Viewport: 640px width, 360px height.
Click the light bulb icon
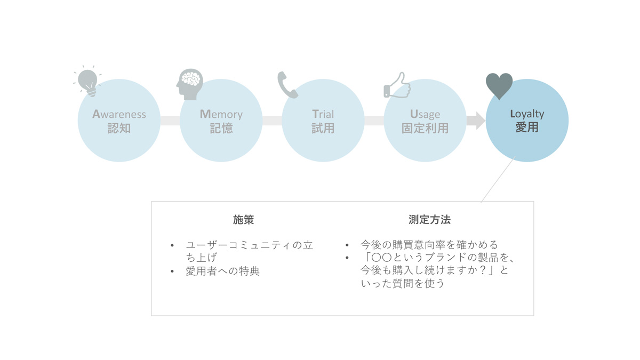click(x=87, y=81)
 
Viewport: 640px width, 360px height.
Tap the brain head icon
click(x=190, y=84)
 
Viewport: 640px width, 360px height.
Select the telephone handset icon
click(x=287, y=85)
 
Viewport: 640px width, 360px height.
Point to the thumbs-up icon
click(x=397, y=85)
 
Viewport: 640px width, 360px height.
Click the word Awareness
click(x=119, y=114)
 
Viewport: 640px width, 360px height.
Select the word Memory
click(x=221, y=114)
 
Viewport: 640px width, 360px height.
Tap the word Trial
click(x=323, y=114)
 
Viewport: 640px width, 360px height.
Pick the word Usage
click(x=425, y=114)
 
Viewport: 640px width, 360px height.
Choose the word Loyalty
click(x=527, y=114)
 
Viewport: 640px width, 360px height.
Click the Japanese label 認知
click(x=119, y=128)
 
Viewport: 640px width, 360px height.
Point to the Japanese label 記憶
click(x=221, y=128)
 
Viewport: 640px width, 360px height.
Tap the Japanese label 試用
click(x=323, y=128)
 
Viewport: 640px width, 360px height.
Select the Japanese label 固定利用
click(x=425, y=128)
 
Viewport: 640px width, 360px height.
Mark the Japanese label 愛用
click(x=527, y=127)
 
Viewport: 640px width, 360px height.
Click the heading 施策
click(x=243, y=220)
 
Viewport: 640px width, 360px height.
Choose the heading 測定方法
click(x=429, y=220)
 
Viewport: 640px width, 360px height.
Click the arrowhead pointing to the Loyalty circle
click(x=481, y=121)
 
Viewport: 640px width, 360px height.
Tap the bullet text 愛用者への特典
click(x=222, y=271)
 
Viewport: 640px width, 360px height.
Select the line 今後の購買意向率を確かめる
click(x=429, y=245)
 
